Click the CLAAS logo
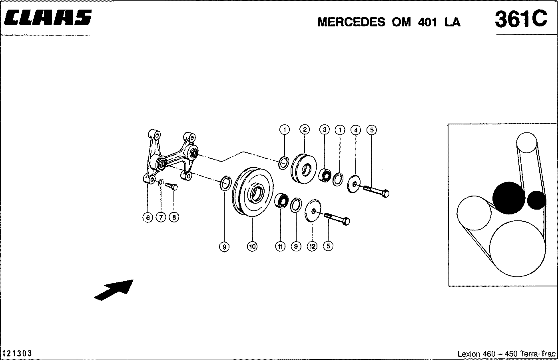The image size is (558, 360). tap(48, 18)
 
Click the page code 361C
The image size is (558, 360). tap(520, 19)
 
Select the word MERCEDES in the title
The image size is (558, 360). tap(351, 22)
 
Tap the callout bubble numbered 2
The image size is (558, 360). tap(305, 130)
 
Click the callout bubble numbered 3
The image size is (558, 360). tap(324, 130)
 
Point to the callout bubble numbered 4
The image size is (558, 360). tap(355, 130)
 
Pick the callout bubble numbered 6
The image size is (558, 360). tap(148, 218)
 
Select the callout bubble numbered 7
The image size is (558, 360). tap(161, 218)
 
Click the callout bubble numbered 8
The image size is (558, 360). tap(173, 218)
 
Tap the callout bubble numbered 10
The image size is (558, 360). tap(252, 246)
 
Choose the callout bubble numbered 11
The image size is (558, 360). tap(280, 246)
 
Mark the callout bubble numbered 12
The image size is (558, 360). tap(312, 246)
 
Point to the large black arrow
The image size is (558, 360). tap(114, 290)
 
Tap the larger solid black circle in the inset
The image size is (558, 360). tap(508, 198)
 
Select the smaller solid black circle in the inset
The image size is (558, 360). tap(536, 200)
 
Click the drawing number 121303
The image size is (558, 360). tap(17, 354)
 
